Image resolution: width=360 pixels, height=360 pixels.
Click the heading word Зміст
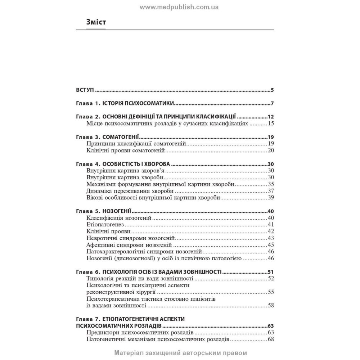96,22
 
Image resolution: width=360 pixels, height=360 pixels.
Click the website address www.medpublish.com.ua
179,7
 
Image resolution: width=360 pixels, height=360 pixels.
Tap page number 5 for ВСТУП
273,90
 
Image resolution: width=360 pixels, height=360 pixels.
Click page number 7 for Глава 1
273,104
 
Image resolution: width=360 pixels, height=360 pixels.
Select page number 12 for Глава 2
271,117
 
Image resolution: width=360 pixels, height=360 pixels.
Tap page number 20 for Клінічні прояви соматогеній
271,150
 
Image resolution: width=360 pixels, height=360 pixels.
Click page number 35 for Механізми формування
271,184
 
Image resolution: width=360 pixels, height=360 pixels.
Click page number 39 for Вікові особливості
271,198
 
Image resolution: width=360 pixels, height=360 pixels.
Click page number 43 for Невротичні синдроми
271,238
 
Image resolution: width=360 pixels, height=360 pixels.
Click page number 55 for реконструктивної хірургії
271,292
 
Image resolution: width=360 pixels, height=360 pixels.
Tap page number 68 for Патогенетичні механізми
271,339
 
